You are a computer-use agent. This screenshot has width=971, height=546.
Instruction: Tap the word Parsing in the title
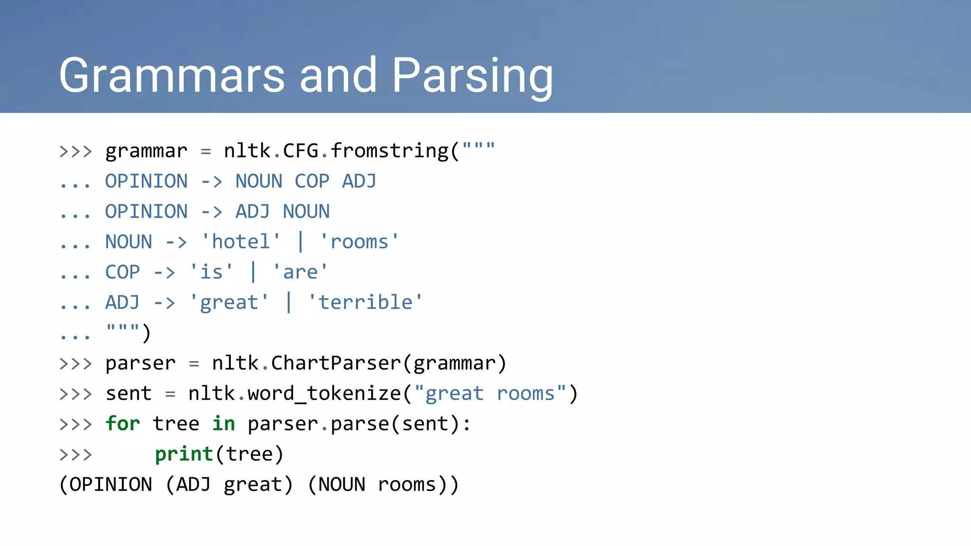point(472,76)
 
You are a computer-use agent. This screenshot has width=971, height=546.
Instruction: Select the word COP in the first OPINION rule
point(311,182)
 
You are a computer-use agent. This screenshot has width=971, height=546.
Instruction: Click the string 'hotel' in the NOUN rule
point(241,242)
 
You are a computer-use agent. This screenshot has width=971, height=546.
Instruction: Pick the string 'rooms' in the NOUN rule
point(359,242)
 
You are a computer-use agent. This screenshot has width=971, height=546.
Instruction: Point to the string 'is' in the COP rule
point(211,273)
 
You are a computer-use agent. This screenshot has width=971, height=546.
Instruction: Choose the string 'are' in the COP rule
point(300,273)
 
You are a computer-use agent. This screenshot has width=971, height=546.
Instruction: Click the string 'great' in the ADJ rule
point(229,303)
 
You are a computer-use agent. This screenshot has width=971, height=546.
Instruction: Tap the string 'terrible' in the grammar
point(365,303)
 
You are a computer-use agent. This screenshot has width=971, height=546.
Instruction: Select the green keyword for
point(123,424)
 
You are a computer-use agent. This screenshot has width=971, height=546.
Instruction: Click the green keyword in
point(223,424)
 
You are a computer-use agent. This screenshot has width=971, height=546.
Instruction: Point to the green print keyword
point(184,454)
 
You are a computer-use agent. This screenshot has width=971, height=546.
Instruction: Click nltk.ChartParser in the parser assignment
point(306,364)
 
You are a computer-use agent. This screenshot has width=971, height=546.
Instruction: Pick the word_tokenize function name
point(324,394)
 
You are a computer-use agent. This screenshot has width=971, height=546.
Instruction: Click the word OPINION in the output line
point(111,485)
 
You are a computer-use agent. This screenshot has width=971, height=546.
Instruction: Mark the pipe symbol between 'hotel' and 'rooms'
point(300,242)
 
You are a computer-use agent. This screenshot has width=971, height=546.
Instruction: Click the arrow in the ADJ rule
point(165,303)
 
